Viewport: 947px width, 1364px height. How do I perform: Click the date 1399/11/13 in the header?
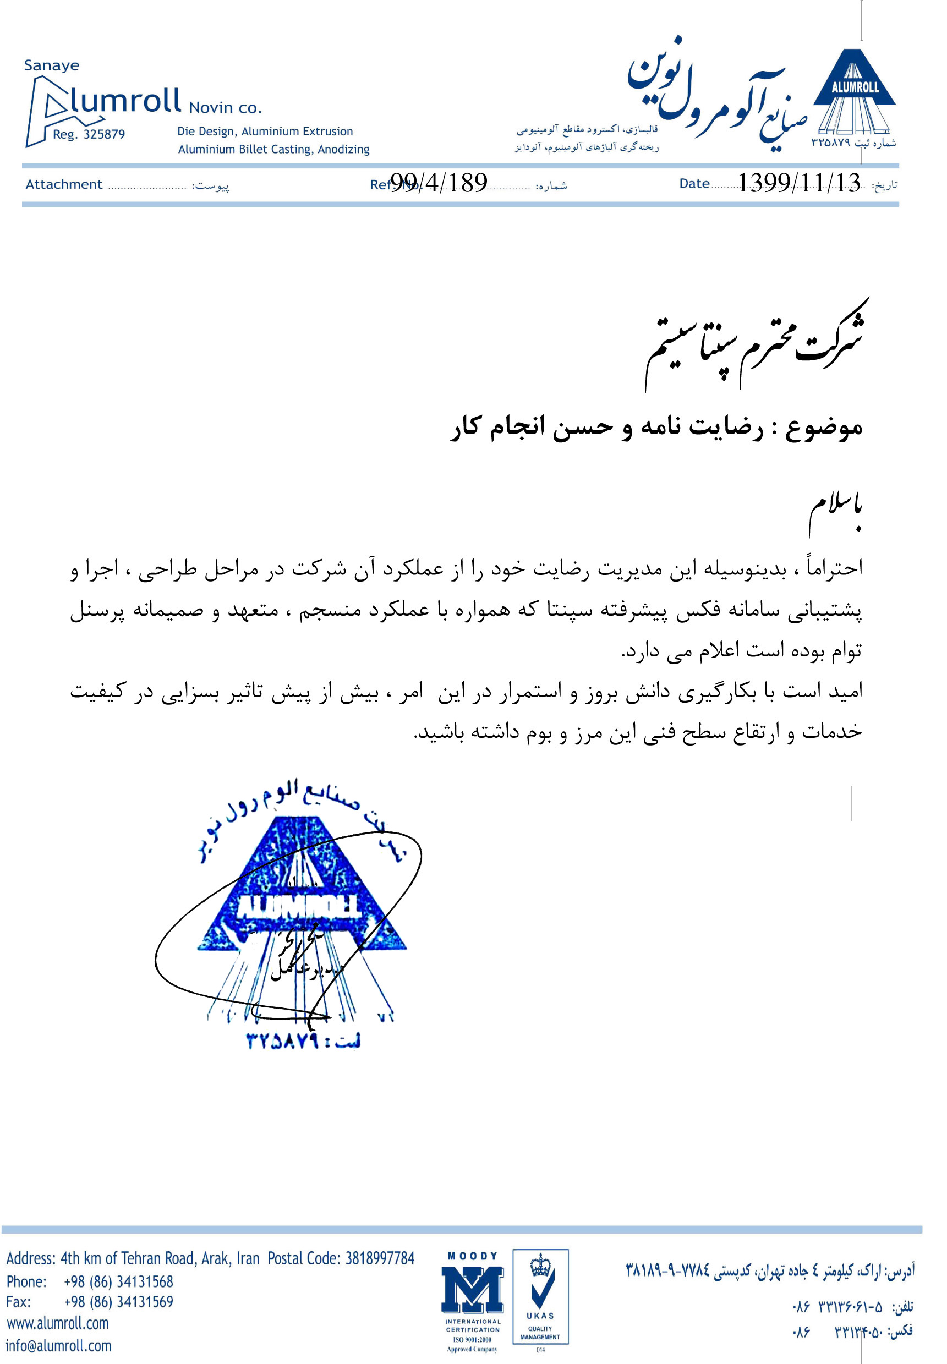[x=798, y=183]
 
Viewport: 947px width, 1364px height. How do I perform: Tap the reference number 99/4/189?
[x=439, y=183]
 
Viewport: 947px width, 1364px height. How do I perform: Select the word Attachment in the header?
[x=63, y=184]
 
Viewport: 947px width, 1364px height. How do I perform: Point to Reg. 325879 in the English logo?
[x=89, y=135]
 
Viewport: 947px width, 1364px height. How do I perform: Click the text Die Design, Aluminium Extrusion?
[x=265, y=132]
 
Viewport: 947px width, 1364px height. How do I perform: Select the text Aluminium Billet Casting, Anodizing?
[x=273, y=150]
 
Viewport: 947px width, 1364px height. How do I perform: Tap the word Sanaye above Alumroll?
[x=52, y=65]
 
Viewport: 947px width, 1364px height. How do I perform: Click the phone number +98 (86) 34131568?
[x=119, y=1281]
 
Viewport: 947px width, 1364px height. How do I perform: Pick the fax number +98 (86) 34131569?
[x=119, y=1302]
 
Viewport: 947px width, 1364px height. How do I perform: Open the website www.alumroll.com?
[x=58, y=1323]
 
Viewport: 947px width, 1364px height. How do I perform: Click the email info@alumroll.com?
[x=59, y=1346]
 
